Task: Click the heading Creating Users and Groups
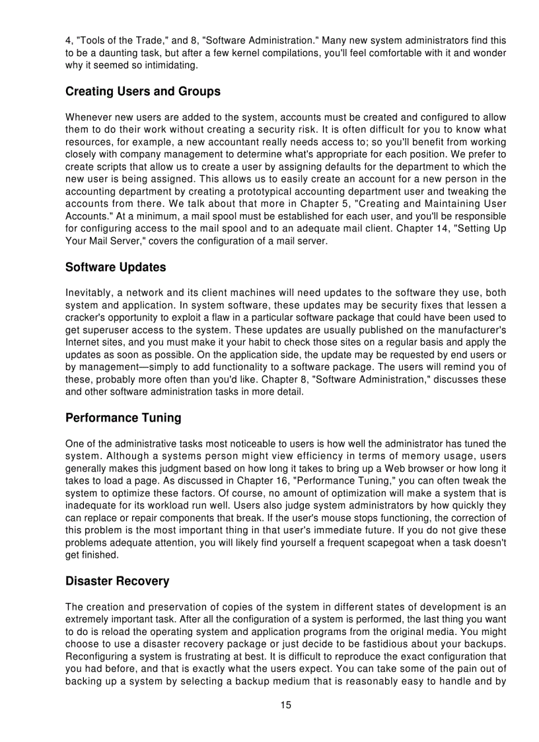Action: [x=143, y=91]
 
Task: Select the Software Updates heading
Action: [x=116, y=268]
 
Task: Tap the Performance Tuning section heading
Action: [x=123, y=418]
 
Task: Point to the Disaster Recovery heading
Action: [x=117, y=581]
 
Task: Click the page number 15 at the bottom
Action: [x=285, y=705]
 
